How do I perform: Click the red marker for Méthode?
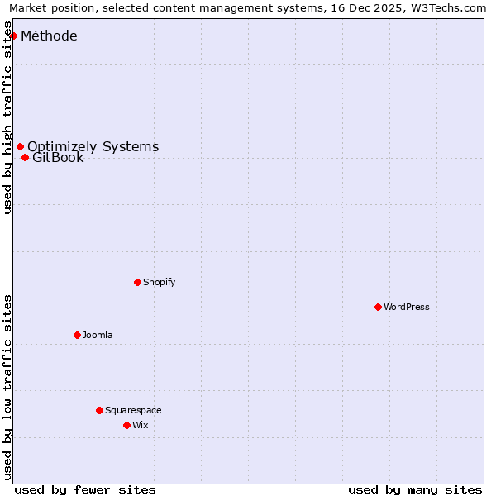[x=14, y=36]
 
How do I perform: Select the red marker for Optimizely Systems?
[x=20, y=146]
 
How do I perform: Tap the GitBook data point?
[x=25, y=157]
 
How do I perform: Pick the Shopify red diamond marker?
[x=137, y=282]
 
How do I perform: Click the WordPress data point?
[x=378, y=307]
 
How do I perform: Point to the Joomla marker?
[x=77, y=335]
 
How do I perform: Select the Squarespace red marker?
[x=99, y=410]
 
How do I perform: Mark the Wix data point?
[x=126, y=425]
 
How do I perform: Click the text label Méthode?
[x=49, y=36]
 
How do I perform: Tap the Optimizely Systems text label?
[x=93, y=146]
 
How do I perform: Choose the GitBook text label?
[x=58, y=157]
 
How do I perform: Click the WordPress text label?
[x=406, y=307]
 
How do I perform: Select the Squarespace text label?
[x=133, y=410]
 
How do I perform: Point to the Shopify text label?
[x=159, y=282]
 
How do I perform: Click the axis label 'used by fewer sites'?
[x=85, y=489]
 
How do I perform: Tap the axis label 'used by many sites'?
[x=415, y=489]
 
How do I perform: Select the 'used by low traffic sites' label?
[x=7, y=387]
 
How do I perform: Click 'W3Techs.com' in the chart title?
[x=451, y=7]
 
